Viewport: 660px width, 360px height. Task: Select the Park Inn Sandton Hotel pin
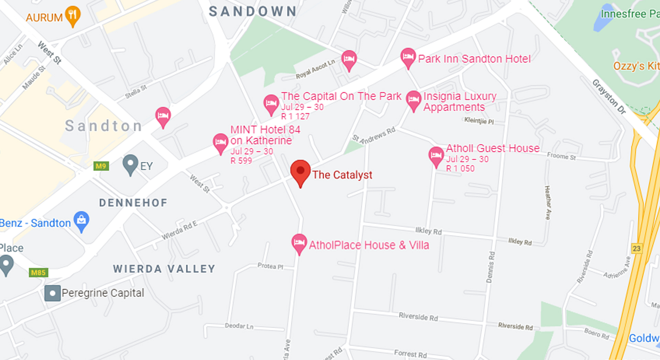click(408, 57)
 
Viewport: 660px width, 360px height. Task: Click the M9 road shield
click(101, 166)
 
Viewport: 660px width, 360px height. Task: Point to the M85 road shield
click(38, 273)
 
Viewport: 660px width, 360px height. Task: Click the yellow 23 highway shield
click(636, 248)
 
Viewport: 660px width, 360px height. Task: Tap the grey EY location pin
click(130, 164)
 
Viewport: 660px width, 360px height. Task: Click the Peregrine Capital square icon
click(53, 293)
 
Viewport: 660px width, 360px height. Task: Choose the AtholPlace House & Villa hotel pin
click(299, 243)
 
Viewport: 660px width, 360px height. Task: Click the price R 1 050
click(460, 169)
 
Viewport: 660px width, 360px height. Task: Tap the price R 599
click(241, 161)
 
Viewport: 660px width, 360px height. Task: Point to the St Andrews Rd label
click(374, 135)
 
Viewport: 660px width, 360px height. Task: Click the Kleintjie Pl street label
click(478, 121)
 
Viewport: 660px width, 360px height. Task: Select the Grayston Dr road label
click(609, 97)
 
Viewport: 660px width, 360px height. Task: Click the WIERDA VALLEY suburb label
click(164, 269)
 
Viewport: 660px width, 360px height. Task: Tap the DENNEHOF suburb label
click(133, 203)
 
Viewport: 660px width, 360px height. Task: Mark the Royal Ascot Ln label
click(315, 69)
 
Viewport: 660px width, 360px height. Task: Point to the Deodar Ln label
click(239, 326)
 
